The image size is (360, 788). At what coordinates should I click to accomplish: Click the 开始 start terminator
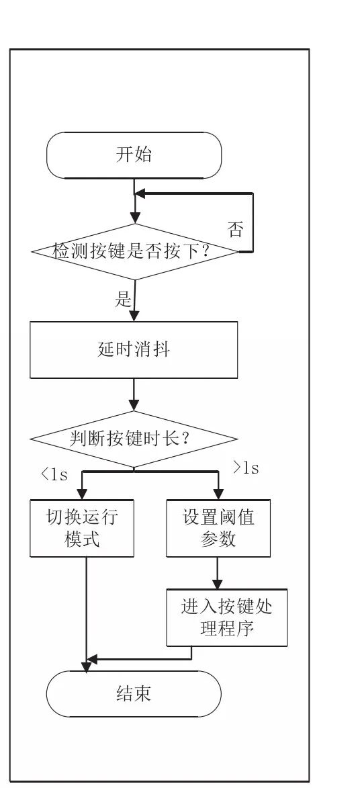pos(134,155)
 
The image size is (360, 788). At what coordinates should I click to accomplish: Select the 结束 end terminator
pos(134,693)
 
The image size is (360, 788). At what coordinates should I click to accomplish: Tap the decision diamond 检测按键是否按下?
pos(135,251)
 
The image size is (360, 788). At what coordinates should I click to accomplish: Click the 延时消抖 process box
pos(134,349)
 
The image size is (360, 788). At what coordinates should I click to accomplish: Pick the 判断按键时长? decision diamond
pos(134,439)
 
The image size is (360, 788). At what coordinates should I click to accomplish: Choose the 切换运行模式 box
pos(82,528)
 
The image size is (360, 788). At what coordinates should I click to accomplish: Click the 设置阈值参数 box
pos(218,528)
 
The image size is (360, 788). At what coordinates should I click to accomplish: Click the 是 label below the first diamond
pos(123,299)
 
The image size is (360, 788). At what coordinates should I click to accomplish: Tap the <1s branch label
pos(54,474)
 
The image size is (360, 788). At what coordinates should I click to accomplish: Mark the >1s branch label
pos(245,468)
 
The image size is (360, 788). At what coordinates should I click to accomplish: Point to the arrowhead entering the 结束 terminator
pos(87,666)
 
